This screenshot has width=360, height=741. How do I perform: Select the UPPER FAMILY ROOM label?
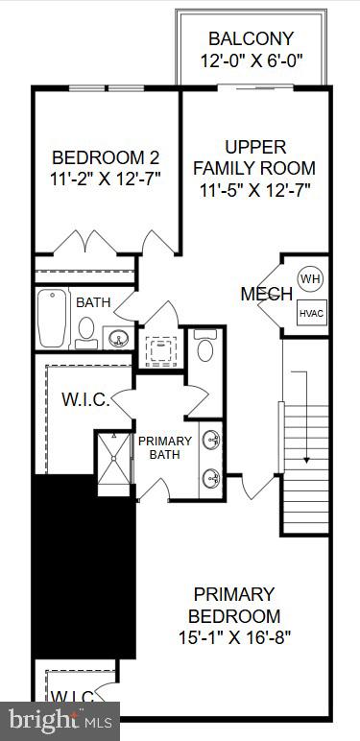pyautogui.click(x=255, y=157)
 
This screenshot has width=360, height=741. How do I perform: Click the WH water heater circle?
pyautogui.click(x=309, y=278)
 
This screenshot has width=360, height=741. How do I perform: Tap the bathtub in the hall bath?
pyautogui.click(x=51, y=319)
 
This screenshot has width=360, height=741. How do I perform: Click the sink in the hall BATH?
pyautogui.click(x=116, y=338)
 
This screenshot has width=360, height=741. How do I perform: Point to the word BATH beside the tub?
pyautogui.click(x=93, y=302)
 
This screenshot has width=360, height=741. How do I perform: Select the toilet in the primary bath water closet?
pyautogui.click(x=204, y=348)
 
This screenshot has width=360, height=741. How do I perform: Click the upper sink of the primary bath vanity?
pyautogui.click(x=211, y=442)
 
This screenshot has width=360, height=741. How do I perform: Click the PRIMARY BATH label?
pyautogui.click(x=165, y=448)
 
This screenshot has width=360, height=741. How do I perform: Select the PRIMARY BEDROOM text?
pyautogui.click(x=233, y=605)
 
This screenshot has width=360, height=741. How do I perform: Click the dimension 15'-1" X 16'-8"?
pyautogui.click(x=233, y=636)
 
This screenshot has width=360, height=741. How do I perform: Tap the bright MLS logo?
pyautogui.click(x=60, y=718)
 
